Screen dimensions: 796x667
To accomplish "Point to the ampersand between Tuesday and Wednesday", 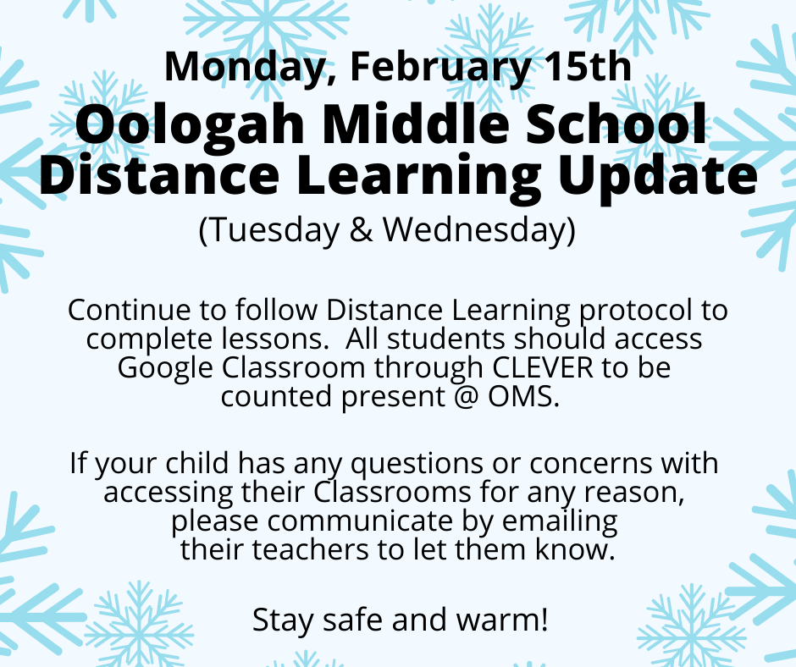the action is point(362,229).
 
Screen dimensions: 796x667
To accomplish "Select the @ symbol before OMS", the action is point(466,396).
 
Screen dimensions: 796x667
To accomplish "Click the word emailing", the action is point(560,521).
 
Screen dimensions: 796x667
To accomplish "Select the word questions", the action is point(417,465).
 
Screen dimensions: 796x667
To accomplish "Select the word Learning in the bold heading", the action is point(417,176).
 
